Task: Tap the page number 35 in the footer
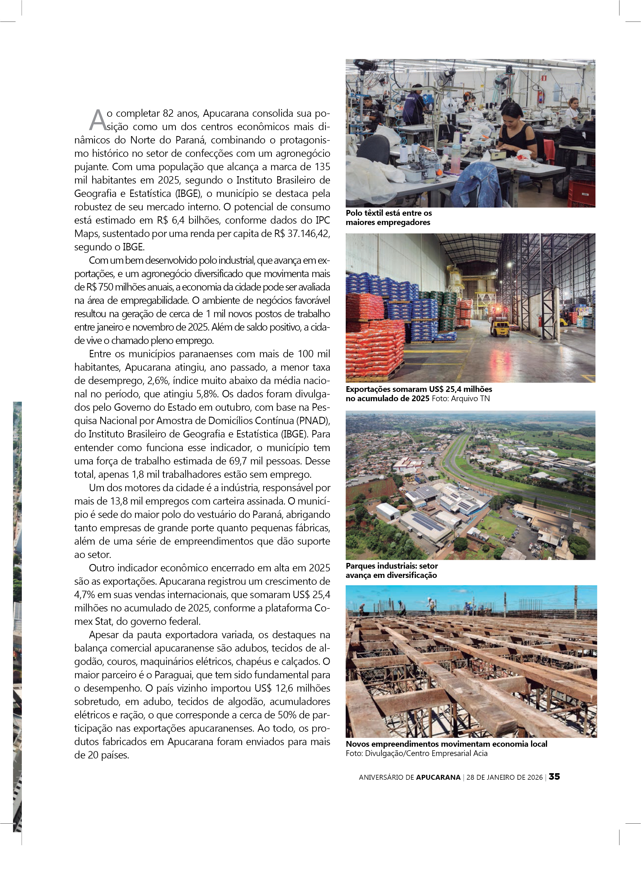point(554,776)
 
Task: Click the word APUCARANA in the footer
point(438,777)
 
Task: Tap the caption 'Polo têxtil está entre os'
point(389,213)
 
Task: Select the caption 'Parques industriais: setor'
point(392,566)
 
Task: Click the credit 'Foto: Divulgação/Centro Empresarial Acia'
point(416,753)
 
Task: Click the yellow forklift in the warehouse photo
point(499,328)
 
